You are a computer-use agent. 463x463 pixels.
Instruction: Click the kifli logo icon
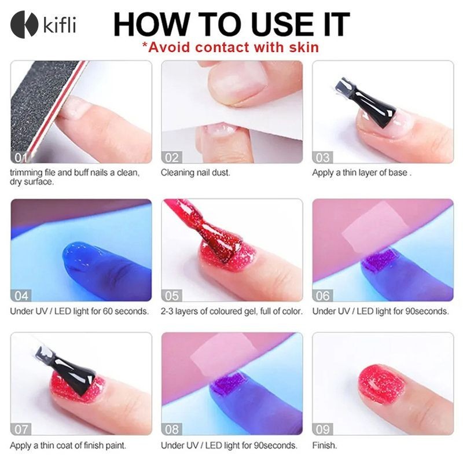24,24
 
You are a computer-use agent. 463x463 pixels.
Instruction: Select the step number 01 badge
20,157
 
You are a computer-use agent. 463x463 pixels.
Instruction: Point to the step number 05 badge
171,296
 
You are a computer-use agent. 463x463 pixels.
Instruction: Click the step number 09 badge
322,429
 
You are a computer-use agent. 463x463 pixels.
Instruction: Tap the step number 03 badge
322,157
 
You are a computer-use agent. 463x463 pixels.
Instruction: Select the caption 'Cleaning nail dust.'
195,172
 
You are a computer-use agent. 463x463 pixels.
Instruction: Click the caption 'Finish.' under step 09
325,445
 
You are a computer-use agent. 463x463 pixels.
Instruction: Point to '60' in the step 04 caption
108,311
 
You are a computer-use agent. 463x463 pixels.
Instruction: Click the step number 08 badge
171,429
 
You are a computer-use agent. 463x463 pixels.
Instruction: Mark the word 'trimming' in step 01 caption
26,172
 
